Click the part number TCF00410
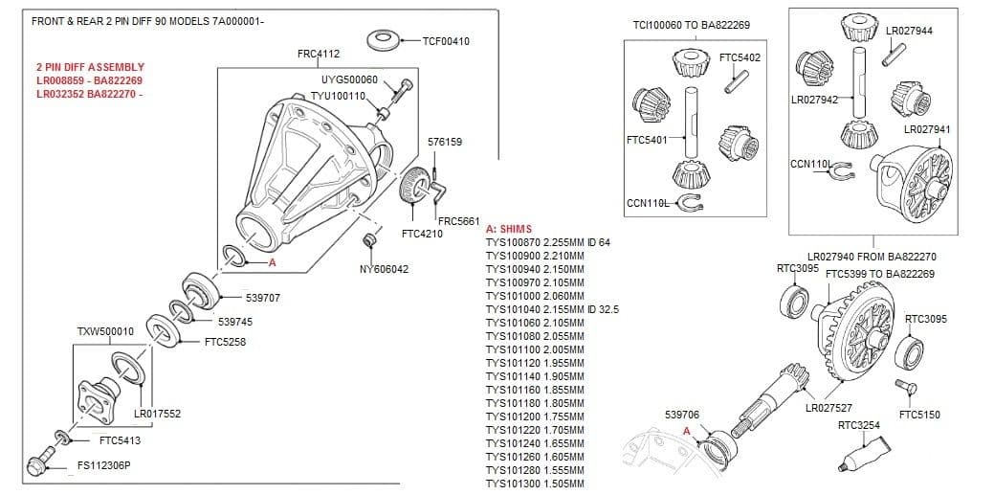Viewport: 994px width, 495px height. [x=445, y=41]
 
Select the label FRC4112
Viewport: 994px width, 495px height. [x=319, y=54]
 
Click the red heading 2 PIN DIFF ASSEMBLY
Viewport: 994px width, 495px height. [x=90, y=67]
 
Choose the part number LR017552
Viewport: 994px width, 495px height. [x=157, y=414]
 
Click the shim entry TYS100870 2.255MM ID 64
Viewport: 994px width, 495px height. [x=547, y=243]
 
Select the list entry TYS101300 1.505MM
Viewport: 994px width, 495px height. [x=534, y=484]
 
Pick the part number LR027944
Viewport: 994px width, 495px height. [x=909, y=31]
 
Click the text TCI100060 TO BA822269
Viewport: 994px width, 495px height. [x=691, y=25]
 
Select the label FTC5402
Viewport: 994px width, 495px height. [x=739, y=57]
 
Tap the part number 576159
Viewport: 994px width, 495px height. [x=445, y=142]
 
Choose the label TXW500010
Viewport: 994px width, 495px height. [x=105, y=332]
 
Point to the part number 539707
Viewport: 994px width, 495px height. [x=262, y=298]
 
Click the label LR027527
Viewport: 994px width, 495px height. [x=828, y=408]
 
